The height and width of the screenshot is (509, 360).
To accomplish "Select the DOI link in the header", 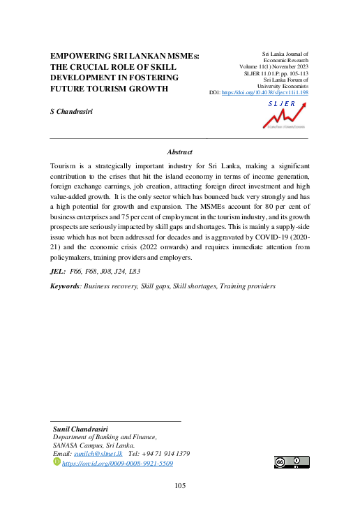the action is (x=265, y=92).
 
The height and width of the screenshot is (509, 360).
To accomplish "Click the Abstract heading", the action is (x=180, y=152).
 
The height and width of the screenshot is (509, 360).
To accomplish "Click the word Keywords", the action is (x=65, y=286).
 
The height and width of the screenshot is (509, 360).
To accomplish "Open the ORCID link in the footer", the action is (x=118, y=464).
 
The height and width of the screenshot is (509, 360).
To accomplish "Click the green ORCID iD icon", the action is (x=57, y=463).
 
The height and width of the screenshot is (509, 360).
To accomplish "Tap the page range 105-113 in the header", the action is (x=294, y=73).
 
